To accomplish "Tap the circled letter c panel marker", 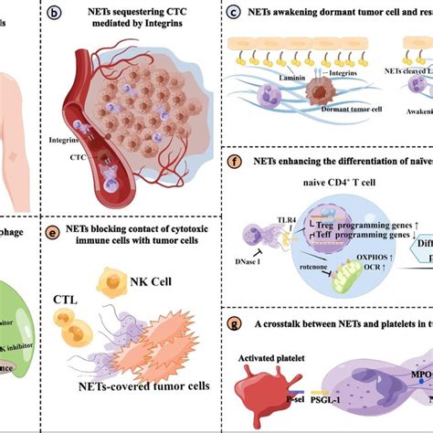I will [x=236, y=13].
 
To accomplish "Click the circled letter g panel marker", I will [x=236, y=324].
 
